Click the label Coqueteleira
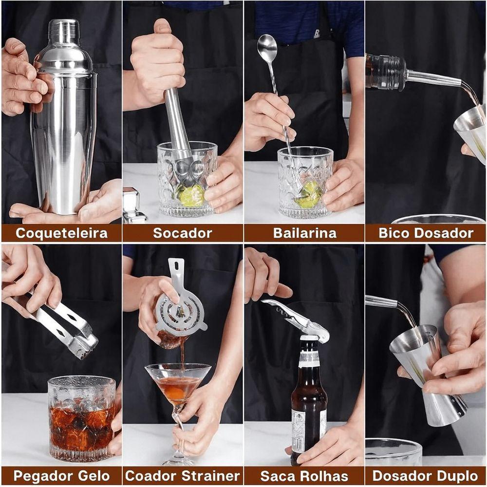pos(61,233)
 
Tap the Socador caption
pos(183,233)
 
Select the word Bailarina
pos(304,233)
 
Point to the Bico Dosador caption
pos(426,233)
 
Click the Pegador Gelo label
pos(61,476)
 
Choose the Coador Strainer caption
pos(183,476)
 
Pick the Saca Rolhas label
pos(304,476)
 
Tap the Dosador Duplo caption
pos(426,476)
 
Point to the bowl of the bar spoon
pos(267,48)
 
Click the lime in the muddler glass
pos(191,195)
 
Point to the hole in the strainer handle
pos(177,266)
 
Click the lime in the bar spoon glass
pos(309,194)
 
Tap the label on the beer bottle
pos(299,431)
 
